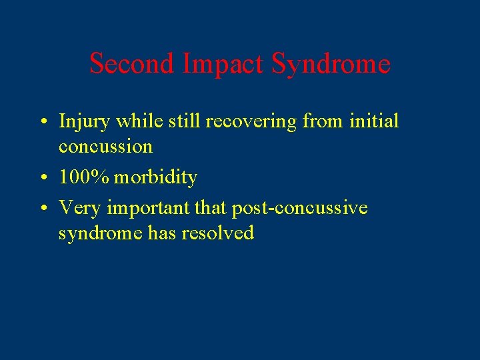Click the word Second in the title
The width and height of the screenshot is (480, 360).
click(130, 64)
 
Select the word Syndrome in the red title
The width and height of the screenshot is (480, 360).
click(331, 64)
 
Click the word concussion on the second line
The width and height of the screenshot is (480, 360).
click(105, 146)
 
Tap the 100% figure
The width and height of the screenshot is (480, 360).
click(84, 177)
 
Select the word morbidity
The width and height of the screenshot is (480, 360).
click(156, 177)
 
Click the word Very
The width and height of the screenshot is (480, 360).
click(80, 209)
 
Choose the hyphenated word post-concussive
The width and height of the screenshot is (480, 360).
click(299, 209)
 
